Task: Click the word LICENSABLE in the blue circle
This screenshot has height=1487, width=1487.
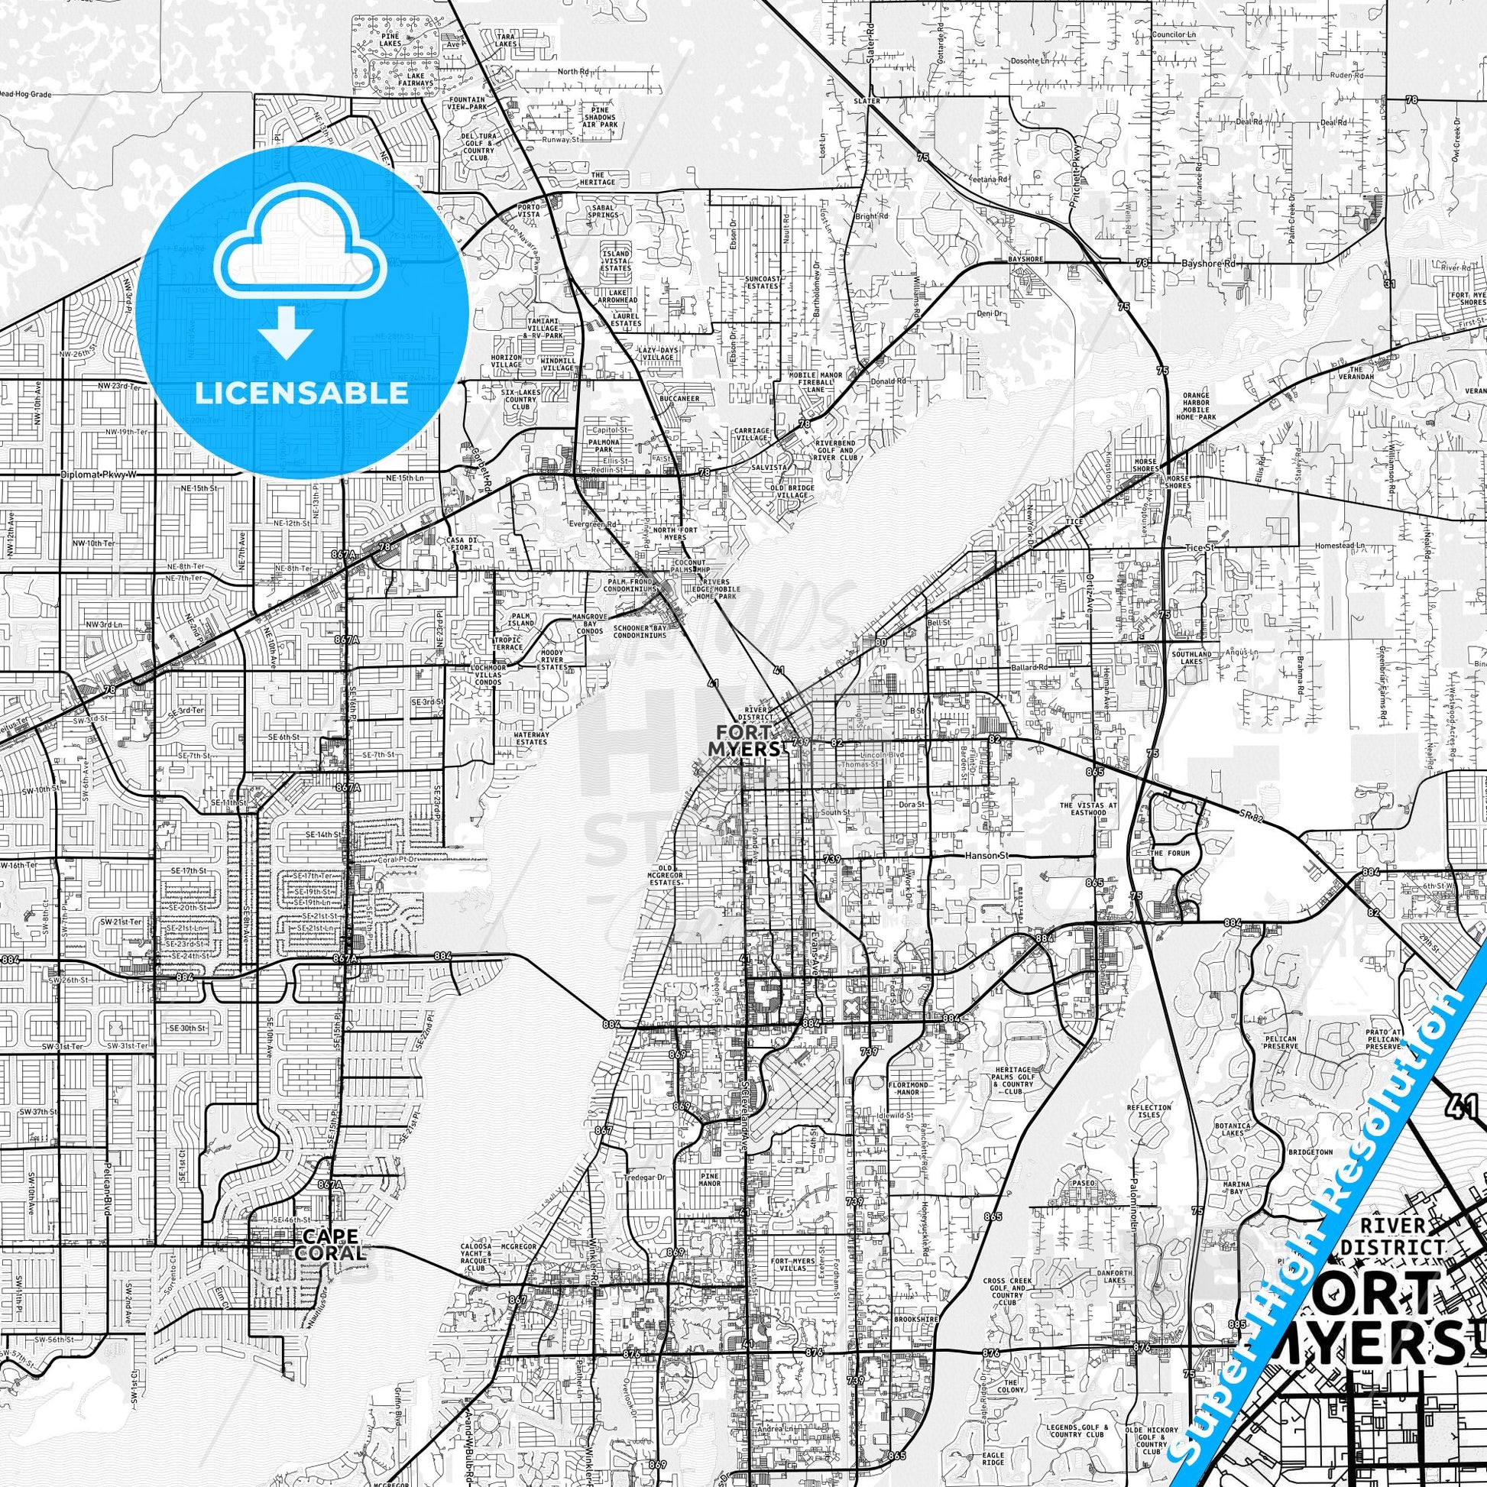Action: click(301, 393)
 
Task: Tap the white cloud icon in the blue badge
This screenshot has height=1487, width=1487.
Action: click(301, 253)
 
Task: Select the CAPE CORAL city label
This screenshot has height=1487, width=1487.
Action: click(330, 1245)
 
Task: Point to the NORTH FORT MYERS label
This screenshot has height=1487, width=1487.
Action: click(669, 533)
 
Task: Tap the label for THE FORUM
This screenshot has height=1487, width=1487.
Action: click(1170, 854)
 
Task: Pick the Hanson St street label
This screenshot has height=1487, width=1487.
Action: click(984, 855)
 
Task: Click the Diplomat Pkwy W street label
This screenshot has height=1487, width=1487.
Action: click(98, 475)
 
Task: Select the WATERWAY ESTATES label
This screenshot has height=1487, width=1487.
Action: click(531, 738)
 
